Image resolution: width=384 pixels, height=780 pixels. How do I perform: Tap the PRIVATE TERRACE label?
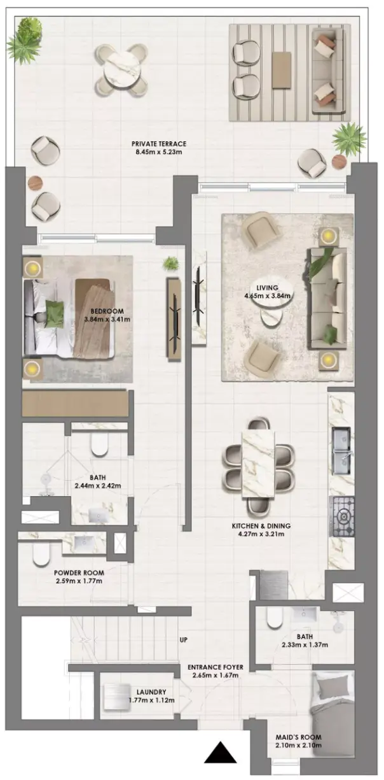(159, 143)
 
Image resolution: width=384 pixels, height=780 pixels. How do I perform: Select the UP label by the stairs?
(183, 640)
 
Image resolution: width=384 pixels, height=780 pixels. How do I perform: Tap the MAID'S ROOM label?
(298, 744)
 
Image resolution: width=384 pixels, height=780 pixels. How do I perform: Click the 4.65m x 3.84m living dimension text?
(267, 296)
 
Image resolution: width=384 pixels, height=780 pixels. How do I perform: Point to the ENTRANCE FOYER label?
(216, 667)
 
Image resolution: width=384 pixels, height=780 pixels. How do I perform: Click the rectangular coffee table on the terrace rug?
(282, 69)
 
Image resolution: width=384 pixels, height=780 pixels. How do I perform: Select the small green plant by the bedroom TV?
(171, 264)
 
